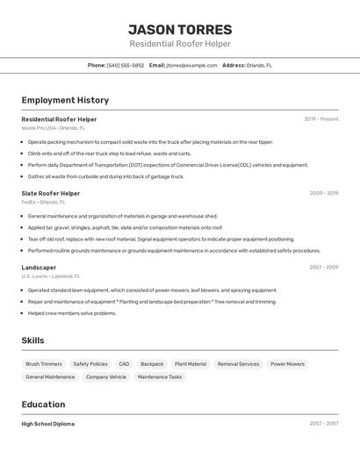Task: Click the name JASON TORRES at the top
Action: [x=180, y=30]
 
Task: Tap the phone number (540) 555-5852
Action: [x=126, y=65]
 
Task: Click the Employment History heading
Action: [x=65, y=100]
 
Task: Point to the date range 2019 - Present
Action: [x=321, y=118]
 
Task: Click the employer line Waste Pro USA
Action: [x=51, y=127]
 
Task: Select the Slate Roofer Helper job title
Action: [x=51, y=193]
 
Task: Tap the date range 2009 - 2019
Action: [x=323, y=193]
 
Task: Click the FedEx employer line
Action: [x=44, y=202]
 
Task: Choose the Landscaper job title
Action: [x=39, y=268]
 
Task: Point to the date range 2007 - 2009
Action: [x=323, y=268]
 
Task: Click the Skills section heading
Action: [x=33, y=340]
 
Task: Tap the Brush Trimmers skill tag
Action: [x=44, y=363]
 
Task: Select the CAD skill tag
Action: [x=124, y=363]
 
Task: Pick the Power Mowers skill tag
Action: [x=287, y=363]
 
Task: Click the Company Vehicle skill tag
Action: [x=106, y=376]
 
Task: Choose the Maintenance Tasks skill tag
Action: [x=160, y=376]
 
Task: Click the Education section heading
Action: [x=44, y=404]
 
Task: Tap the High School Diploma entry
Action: [x=48, y=424]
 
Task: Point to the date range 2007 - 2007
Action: [x=323, y=424]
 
